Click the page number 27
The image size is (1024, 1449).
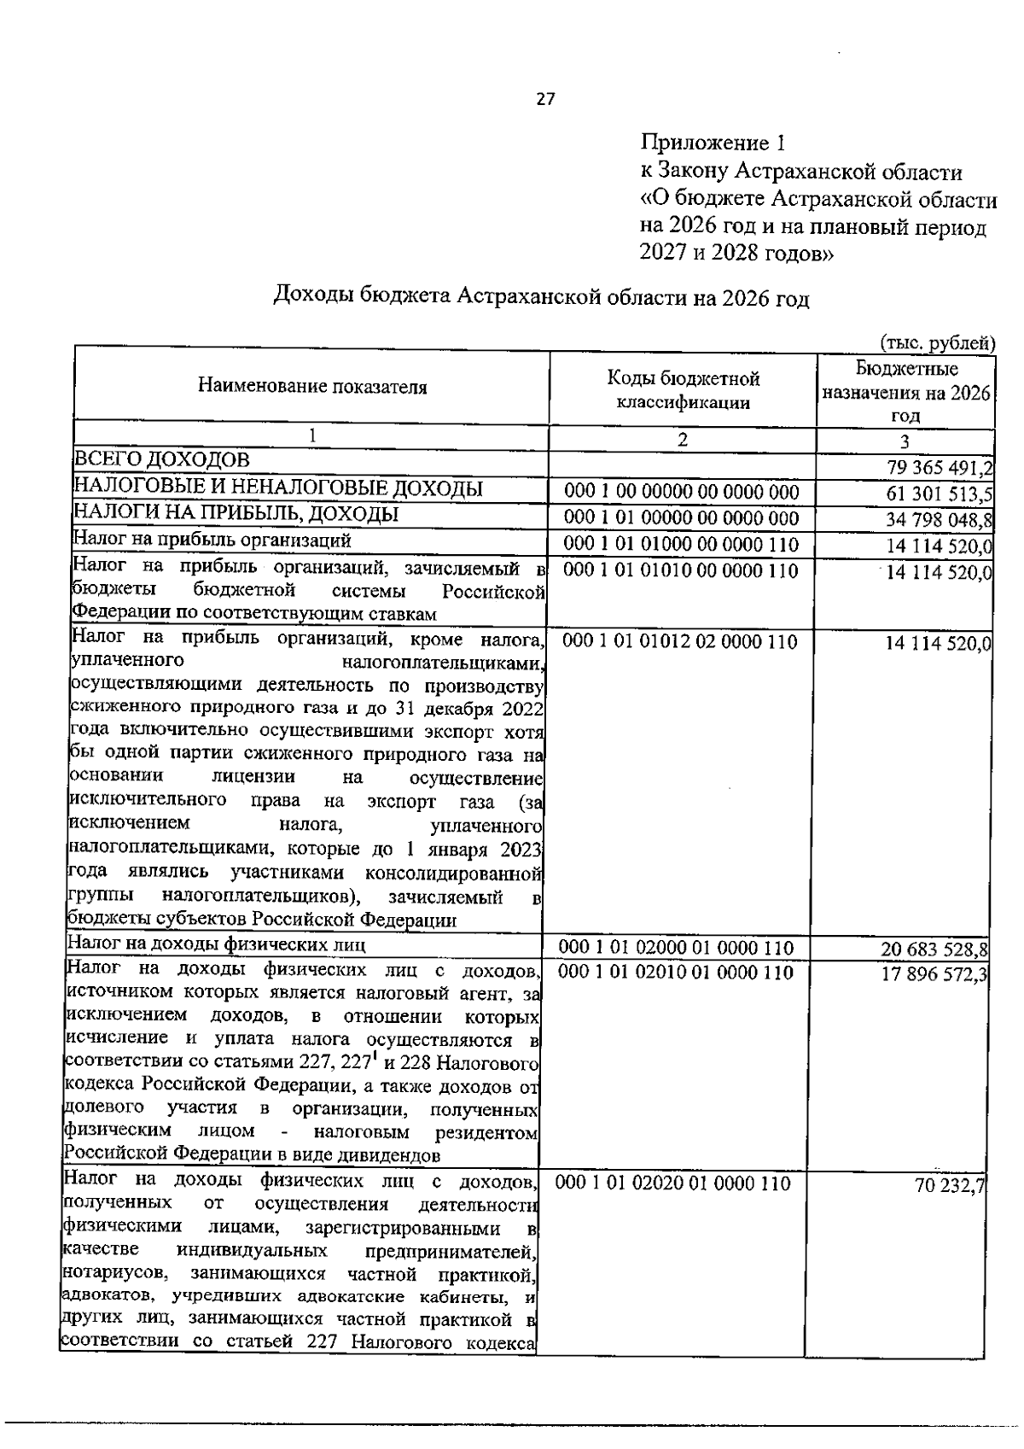(x=545, y=99)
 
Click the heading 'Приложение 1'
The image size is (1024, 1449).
(x=712, y=142)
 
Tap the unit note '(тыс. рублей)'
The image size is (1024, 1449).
(x=937, y=343)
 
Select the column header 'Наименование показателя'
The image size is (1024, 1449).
(x=312, y=387)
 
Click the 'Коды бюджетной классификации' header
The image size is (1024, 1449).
(x=683, y=389)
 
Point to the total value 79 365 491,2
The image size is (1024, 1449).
(x=939, y=467)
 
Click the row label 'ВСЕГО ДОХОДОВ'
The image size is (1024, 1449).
(x=161, y=460)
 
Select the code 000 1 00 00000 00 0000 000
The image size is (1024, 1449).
(x=682, y=493)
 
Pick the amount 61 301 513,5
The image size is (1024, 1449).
(x=939, y=494)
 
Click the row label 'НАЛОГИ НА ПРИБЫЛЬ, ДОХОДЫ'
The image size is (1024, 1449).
(x=236, y=515)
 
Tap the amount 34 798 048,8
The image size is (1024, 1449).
(x=939, y=519)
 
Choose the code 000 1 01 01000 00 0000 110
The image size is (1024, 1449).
(x=682, y=545)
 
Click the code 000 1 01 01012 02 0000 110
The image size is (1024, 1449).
(x=680, y=641)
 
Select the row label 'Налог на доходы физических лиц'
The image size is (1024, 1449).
(x=217, y=944)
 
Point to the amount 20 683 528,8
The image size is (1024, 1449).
(x=934, y=949)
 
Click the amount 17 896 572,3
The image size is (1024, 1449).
(x=934, y=973)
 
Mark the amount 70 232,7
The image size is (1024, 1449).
(x=951, y=1185)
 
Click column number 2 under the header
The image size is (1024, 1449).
(x=682, y=440)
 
